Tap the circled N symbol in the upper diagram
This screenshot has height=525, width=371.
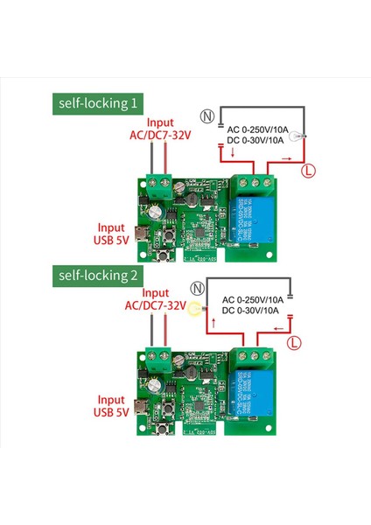pyautogui.click(x=207, y=115)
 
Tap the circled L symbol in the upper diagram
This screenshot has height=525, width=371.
pyautogui.click(x=308, y=171)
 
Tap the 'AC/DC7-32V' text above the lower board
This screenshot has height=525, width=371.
pyautogui.click(x=155, y=306)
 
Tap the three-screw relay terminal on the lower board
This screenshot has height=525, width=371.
pyautogui.click(x=258, y=352)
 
